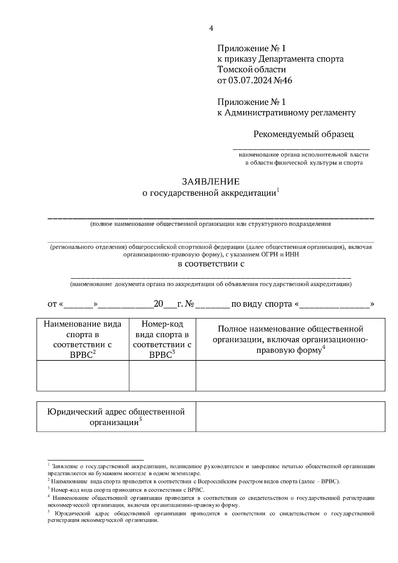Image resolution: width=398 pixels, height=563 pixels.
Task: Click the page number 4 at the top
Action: tap(211, 28)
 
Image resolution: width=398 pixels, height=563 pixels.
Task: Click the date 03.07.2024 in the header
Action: tap(250, 80)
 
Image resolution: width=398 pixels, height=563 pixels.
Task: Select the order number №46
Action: tap(283, 80)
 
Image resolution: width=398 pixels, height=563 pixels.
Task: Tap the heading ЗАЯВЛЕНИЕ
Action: tap(211, 182)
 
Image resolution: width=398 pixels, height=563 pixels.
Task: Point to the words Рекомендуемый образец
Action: tap(303, 134)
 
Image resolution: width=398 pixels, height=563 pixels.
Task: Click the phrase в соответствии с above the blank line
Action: tap(211, 264)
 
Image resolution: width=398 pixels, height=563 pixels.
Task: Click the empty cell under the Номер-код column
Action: tap(162, 375)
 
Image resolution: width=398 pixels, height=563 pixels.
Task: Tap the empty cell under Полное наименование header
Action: tap(290, 375)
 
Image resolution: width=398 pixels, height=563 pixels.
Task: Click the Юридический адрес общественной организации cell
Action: tap(116, 417)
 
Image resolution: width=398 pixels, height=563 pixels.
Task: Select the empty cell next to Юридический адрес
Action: tap(290, 416)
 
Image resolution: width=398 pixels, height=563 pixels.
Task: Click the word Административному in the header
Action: tap(264, 113)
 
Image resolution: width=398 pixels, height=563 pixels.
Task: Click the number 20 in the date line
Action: tap(159, 304)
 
